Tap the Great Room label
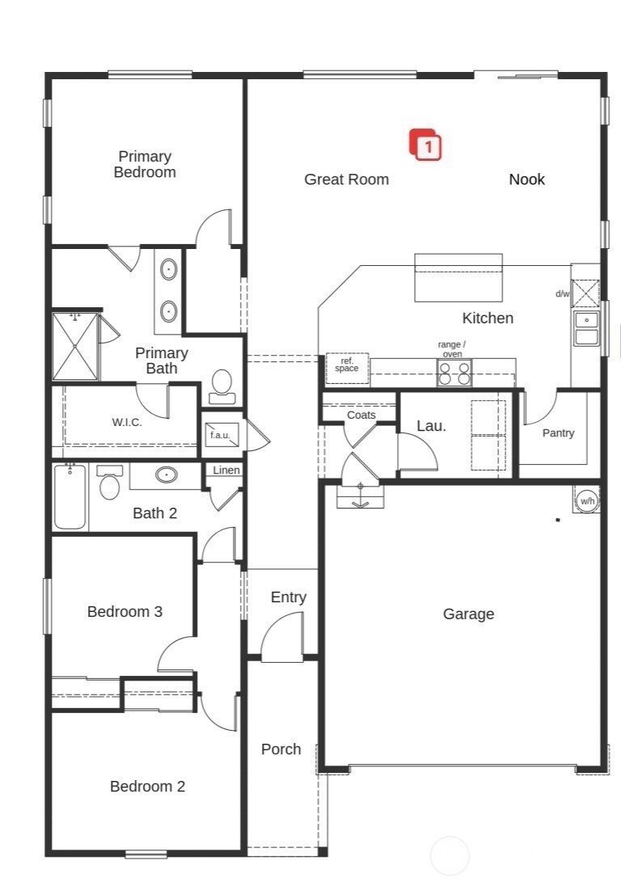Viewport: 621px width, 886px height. coord(346,179)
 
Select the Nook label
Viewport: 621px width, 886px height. coord(526,179)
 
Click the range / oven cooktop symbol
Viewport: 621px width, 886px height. coord(454,373)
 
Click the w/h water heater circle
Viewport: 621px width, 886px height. coord(587,500)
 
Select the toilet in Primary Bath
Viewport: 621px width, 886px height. coord(222,386)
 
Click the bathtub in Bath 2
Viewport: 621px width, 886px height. coord(70,497)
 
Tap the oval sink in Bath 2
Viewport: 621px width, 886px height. coord(167,475)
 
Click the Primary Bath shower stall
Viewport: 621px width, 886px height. coord(74,346)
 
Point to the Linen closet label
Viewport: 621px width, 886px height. coord(226,470)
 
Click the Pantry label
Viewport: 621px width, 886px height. coord(558,433)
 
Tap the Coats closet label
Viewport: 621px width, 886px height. coord(361,415)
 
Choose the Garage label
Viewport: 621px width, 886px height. coord(468,614)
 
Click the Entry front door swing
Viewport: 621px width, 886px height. coord(283,638)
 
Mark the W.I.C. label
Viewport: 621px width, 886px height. coord(127,422)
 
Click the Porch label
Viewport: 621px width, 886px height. coord(281,749)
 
